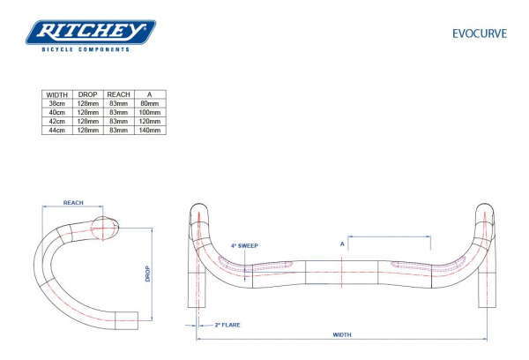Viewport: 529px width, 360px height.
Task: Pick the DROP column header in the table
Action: (x=88, y=94)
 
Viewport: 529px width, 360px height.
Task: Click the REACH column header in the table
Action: (x=118, y=94)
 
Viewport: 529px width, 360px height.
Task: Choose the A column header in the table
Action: (x=150, y=94)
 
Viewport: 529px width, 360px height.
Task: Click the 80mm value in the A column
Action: (x=150, y=103)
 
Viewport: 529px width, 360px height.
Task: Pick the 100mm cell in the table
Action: (x=150, y=112)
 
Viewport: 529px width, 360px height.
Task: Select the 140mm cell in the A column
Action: (x=150, y=130)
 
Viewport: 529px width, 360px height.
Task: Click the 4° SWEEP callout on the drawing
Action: (x=243, y=246)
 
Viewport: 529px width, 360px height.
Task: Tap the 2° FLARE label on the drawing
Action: (x=227, y=325)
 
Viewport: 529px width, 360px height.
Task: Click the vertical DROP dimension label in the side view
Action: (x=148, y=274)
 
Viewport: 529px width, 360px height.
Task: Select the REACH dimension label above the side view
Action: (x=74, y=203)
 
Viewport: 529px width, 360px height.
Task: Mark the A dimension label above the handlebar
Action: (x=341, y=244)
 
